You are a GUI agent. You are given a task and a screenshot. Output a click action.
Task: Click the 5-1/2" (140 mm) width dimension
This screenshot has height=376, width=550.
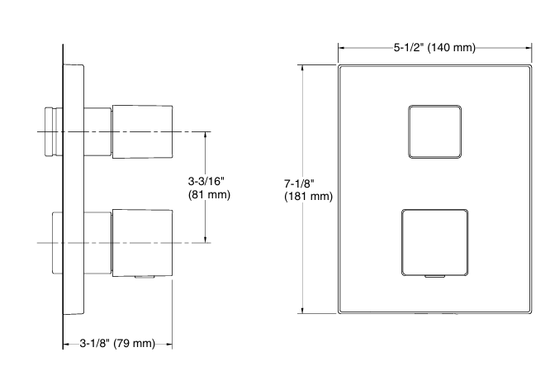(434, 47)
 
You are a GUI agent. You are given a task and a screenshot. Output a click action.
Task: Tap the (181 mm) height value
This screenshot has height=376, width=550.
(308, 197)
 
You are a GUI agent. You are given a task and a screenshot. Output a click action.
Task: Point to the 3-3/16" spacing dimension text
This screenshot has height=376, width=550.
(208, 181)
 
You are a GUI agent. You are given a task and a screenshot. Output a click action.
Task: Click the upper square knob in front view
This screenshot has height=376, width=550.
(434, 131)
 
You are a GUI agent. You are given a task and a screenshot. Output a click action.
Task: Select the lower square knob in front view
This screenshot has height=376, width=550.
(434, 241)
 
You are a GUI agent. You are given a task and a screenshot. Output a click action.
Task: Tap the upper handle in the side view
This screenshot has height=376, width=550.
(142, 131)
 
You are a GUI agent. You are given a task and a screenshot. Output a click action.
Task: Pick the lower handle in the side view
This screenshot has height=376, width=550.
(142, 241)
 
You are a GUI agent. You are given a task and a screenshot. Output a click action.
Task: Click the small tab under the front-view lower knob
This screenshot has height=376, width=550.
(434, 277)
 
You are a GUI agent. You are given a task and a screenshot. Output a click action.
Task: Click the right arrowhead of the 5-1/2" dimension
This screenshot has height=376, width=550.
(529, 47)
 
